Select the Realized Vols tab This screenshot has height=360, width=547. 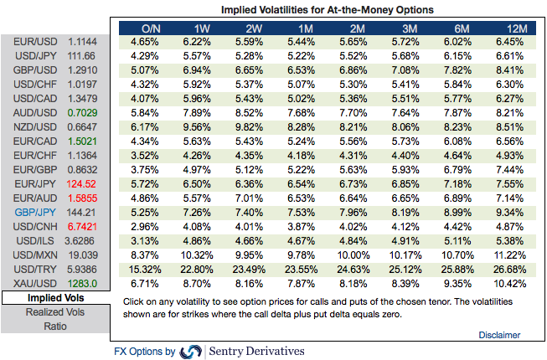(54, 312)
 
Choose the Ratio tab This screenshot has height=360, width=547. (54, 327)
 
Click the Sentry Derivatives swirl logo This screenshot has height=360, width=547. (192, 351)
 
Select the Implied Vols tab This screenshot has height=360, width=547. (54, 298)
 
